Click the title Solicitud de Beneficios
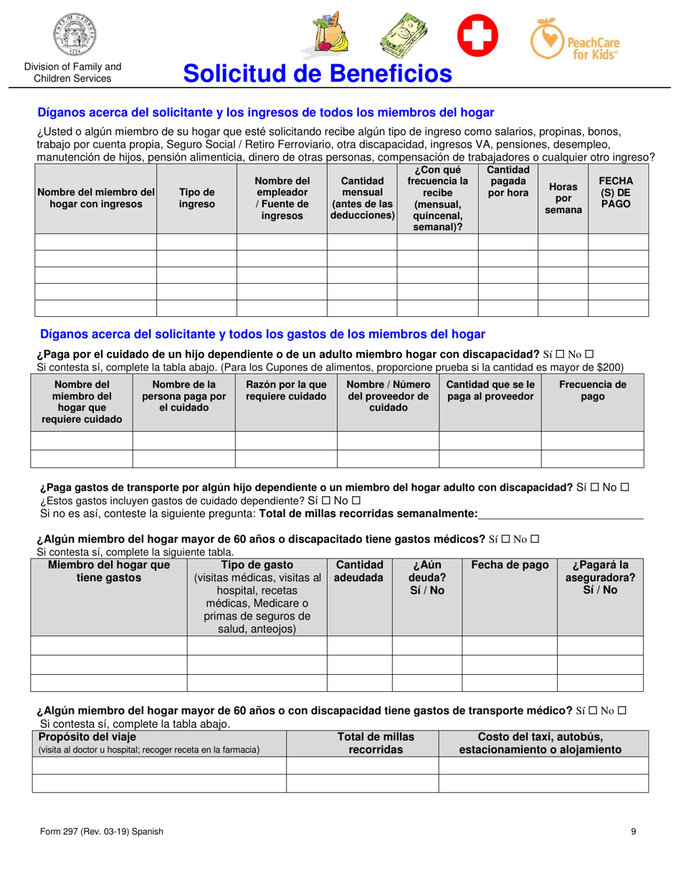[x=318, y=73]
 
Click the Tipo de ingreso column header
[x=196, y=198]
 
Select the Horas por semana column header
[x=563, y=198]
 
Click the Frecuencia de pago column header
[x=592, y=390]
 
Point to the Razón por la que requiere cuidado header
[x=286, y=390]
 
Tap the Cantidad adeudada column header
[x=359, y=571]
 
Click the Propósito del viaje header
[x=87, y=736]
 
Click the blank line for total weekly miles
[x=561, y=513]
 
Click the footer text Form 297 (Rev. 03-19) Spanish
[x=101, y=832]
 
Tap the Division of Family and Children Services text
[x=72, y=72]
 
